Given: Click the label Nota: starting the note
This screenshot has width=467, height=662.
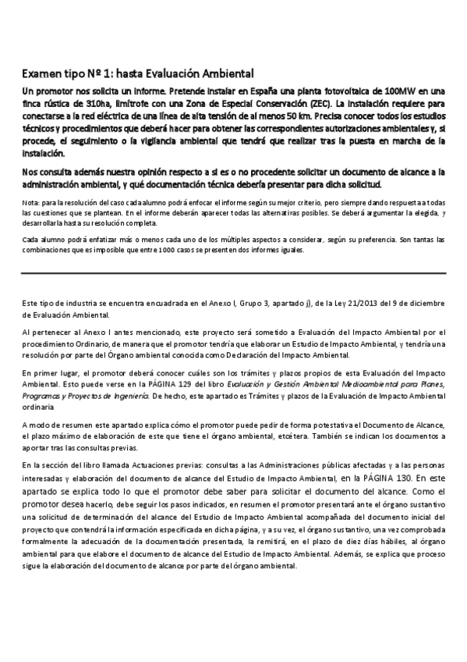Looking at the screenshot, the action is (x=31, y=203).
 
